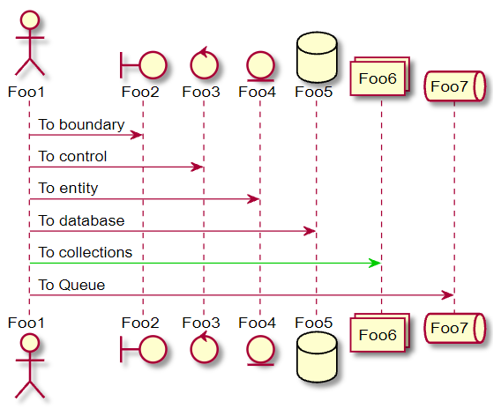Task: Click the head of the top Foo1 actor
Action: tap(30, 19)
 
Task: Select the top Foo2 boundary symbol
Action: tap(144, 65)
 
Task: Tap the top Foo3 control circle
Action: tap(204, 63)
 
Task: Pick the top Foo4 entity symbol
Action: tap(260, 65)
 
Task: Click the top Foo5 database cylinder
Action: tap(317, 57)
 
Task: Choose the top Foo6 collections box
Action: tap(380, 77)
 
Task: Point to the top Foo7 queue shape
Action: tap(454, 86)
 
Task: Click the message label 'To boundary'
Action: tap(81, 124)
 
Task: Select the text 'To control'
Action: tap(72, 156)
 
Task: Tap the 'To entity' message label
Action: tap(68, 189)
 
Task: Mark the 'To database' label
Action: tap(81, 220)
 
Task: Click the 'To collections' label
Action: tap(86, 253)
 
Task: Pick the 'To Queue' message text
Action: tap(71, 285)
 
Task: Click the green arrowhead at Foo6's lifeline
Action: tap(375, 263)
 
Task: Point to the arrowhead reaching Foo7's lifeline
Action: tap(448, 295)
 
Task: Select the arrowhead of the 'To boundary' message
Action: tap(136, 135)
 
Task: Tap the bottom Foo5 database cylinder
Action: tap(317, 357)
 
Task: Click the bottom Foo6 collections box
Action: tap(380, 332)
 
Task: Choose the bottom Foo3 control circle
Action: tap(204, 348)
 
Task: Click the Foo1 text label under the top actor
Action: tap(26, 92)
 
